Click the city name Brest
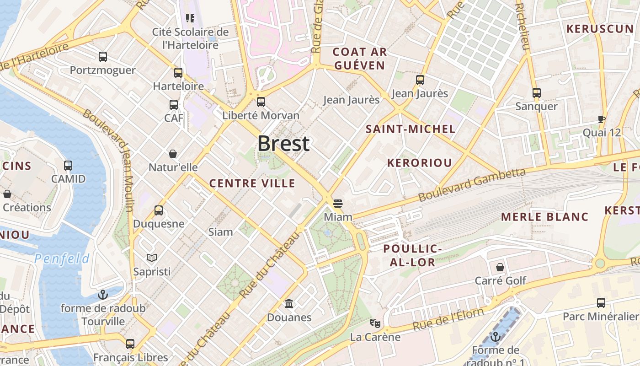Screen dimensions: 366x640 click(283, 144)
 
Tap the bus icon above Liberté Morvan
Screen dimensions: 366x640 click(261, 102)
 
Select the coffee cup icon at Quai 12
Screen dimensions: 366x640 click(602, 119)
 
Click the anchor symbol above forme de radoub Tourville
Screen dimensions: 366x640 click(103, 294)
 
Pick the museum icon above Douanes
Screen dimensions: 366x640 click(289, 303)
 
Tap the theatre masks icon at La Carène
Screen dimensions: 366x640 click(375, 323)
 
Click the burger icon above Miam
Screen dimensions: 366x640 click(338, 203)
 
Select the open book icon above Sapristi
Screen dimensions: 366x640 click(152, 258)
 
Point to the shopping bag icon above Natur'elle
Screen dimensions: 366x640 click(173, 153)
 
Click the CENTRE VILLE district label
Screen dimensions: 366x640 click(252, 183)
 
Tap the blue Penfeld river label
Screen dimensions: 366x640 click(62, 259)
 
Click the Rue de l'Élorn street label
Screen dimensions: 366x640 click(448, 319)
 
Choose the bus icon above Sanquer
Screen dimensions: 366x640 click(537, 93)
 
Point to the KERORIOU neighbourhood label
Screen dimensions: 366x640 click(420, 163)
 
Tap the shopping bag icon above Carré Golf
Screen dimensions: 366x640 click(500, 267)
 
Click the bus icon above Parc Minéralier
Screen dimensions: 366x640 click(601, 302)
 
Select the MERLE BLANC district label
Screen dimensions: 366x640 click(545, 217)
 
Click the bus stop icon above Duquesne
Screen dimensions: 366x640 click(159, 210)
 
